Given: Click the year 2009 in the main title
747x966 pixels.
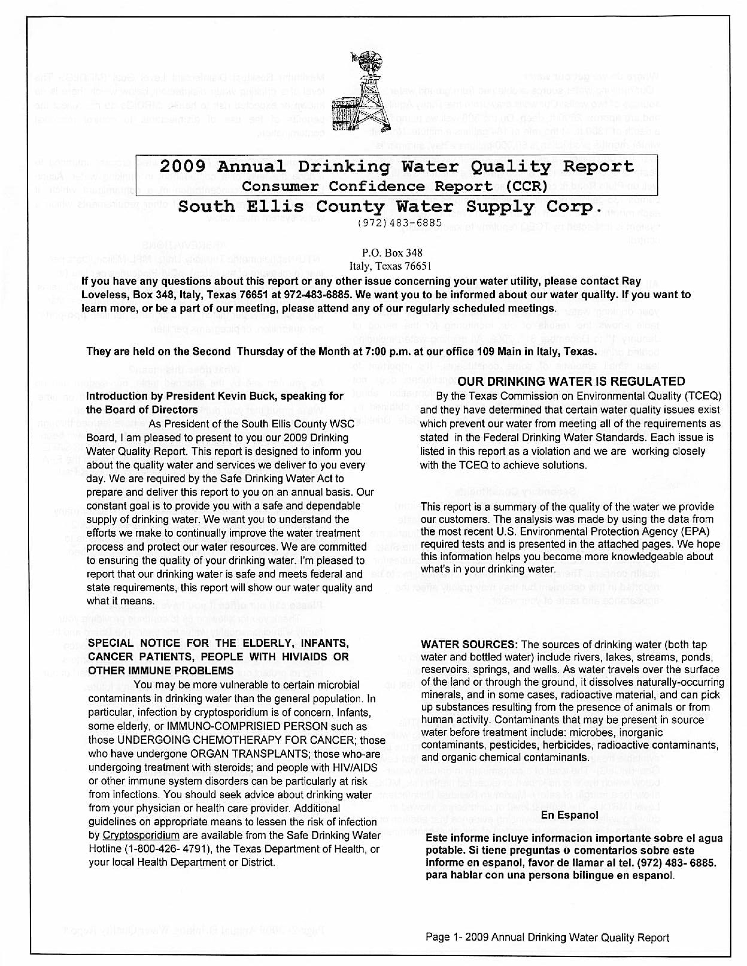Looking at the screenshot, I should pyautogui.click(x=182, y=167).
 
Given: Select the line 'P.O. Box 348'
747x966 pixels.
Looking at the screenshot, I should pyautogui.click(x=392, y=253).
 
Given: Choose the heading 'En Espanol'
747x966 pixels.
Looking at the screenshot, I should pyautogui.click(x=569, y=815).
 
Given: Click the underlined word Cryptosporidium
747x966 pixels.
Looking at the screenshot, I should pyautogui.click(x=141, y=835).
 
